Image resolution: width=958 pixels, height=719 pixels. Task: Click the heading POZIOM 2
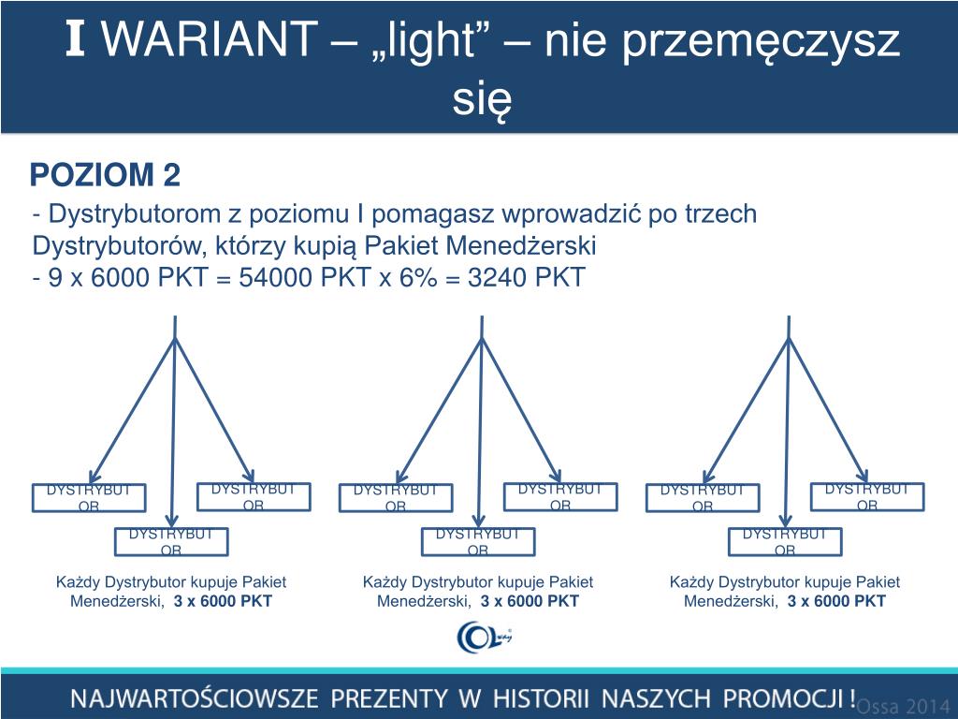coord(105,175)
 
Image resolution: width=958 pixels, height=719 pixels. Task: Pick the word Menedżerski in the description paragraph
coord(530,246)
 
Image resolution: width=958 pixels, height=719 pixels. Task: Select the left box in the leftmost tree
coord(89,498)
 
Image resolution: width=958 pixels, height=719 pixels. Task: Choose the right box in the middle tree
coord(560,496)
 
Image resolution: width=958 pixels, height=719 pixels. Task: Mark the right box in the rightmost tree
coord(867,496)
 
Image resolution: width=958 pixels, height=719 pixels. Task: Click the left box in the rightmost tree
coord(703,498)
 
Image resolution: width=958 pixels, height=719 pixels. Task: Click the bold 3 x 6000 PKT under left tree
coord(223,601)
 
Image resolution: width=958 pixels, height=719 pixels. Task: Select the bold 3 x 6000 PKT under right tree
coord(836,601)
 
